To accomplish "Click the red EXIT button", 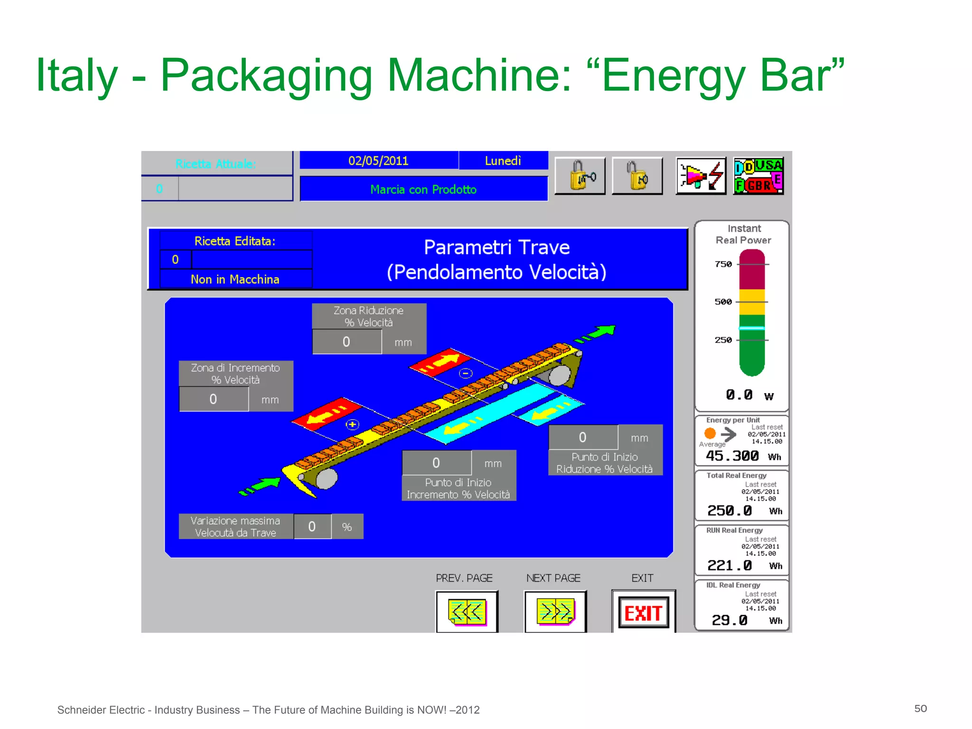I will (644, 613).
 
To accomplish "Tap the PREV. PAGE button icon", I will (467, 612).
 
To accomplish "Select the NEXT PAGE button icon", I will (555, 612).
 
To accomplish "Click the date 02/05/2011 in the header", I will (378, 161).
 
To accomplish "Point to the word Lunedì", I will (503, 161).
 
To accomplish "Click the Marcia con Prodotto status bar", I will (423, 189).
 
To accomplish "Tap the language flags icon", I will (758, 176).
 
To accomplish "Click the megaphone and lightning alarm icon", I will (701, 176).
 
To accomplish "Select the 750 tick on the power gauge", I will (723, 264).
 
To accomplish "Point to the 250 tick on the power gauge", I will (723, 340).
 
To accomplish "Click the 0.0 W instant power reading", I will (739, 395).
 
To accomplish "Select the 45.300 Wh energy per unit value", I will (732, 456).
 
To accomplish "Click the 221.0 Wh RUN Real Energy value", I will (729, 565).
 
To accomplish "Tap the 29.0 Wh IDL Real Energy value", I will (729, 620).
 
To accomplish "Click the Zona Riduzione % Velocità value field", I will (347, 342).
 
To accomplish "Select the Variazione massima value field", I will (312, 526).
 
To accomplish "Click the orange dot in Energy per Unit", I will (710, 433).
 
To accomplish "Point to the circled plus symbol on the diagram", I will (352, 424).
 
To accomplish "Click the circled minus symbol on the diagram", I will (466, 374).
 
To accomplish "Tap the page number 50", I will (920, 709).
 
